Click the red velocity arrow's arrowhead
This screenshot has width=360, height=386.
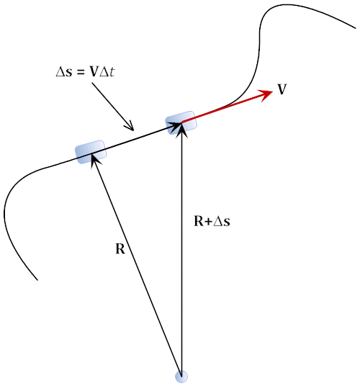tap(267, 94)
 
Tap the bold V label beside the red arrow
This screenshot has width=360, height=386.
tap(282, 89)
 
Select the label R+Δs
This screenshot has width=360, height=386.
tap(212, 221)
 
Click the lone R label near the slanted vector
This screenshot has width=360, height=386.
tap(120, 248)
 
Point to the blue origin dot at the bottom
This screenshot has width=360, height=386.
tap(181, 377)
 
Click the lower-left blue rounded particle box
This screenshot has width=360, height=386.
tap(91, 152)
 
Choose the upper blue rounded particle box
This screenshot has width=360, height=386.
tap(181, 122)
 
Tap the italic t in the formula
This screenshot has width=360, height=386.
tap(112, 72)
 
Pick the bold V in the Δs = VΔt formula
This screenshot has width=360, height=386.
tap(94, 72)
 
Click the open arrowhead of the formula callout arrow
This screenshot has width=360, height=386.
tap(130, 126)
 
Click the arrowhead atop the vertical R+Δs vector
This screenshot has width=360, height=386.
tap(181, 129)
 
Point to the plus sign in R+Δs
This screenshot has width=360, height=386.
tap(208, 222)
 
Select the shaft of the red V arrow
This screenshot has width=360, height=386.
tap(222, 108)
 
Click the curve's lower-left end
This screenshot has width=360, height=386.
tap(37, 280)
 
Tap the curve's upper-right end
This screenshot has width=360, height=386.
tap(356, 28)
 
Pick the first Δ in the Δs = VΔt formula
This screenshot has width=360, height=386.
tap(60, 72)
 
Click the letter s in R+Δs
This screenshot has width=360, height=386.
tap(227, 223)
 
